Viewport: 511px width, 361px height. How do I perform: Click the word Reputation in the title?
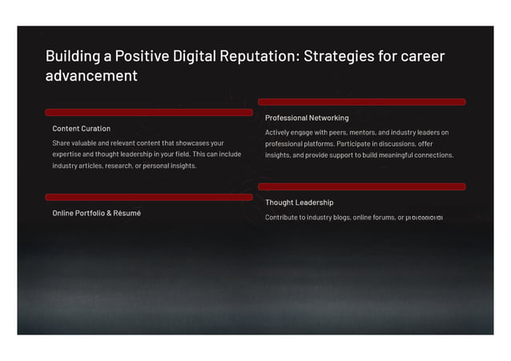(258, 57)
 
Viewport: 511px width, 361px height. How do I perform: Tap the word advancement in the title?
(91, 77)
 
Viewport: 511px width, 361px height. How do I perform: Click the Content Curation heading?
(82, 128)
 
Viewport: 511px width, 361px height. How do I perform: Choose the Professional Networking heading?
(307, 118)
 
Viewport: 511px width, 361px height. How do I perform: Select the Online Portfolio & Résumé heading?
(97, 213)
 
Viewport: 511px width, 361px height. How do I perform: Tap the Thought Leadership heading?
(299, 203)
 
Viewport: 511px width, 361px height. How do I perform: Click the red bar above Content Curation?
(149, 112)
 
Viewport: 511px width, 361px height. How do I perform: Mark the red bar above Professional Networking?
(361, 102)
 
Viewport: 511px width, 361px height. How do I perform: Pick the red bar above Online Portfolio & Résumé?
(149, 197)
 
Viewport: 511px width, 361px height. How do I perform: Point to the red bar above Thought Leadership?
(361, 187)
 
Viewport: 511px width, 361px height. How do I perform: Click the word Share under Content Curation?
(62, 143)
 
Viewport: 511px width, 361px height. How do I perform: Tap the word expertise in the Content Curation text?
(68, 154)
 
